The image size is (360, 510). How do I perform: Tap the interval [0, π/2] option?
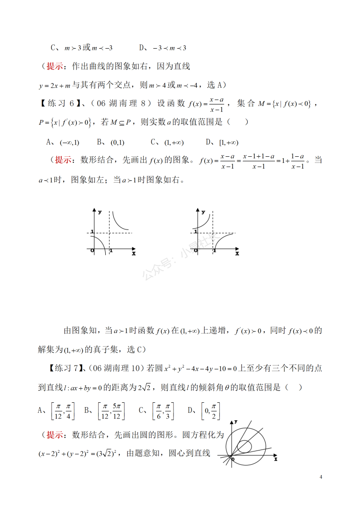[210, 410]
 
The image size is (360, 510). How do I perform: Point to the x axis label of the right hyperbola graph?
[237, 254]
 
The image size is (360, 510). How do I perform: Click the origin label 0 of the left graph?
[92, 250]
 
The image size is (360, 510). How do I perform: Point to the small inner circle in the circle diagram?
[245, 445]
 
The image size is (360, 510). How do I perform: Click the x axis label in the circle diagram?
[275, 459]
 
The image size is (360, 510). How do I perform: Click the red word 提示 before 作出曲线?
[54, 67]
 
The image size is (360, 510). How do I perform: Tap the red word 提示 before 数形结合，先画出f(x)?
[63, 160]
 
